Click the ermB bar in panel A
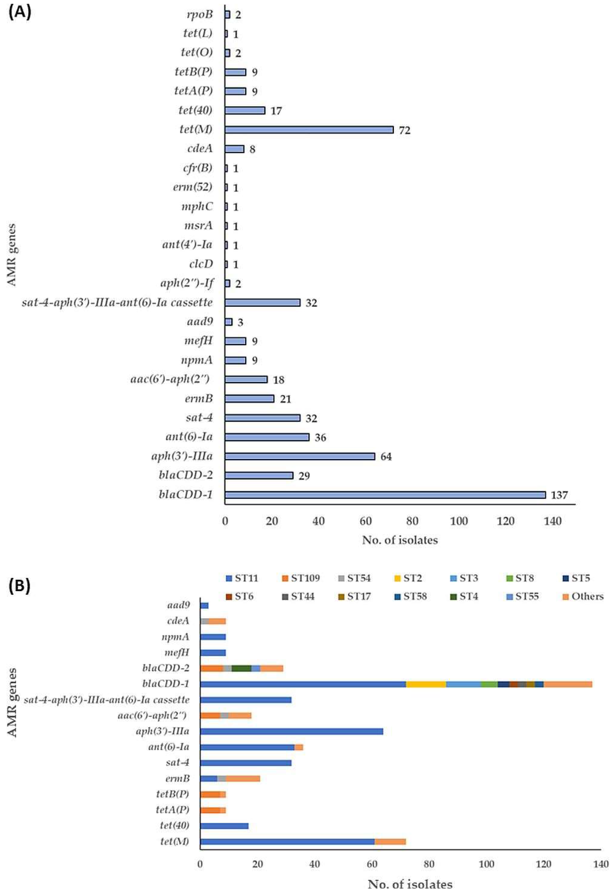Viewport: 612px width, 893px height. (249, 399)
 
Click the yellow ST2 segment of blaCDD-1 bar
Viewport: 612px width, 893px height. (426, 684)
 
